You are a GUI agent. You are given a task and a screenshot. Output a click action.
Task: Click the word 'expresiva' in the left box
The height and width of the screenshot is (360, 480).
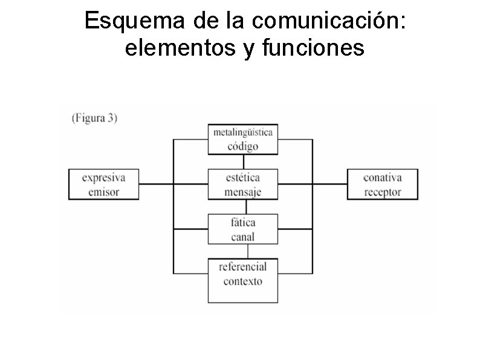tap(104, 178)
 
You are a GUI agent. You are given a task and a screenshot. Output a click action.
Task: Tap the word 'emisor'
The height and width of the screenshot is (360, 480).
tap(104, 192)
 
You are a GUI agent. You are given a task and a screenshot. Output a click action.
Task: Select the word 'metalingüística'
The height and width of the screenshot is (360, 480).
tap(243, 132)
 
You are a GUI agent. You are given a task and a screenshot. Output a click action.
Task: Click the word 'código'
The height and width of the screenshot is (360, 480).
tap(243, 146)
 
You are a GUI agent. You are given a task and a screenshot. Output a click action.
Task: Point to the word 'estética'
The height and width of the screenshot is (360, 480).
tap(243, 178)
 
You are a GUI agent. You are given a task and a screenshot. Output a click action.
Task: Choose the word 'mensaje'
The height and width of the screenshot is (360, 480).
tap(243, 192)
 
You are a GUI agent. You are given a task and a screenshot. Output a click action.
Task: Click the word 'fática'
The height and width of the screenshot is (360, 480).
tap(243, 223)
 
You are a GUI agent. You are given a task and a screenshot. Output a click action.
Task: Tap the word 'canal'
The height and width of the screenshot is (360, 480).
tap(243, 237)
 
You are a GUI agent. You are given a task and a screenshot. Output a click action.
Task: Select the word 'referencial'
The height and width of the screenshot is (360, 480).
tap(243, 267)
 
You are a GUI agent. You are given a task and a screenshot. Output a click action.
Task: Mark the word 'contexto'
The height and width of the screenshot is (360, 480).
tap(243, 281)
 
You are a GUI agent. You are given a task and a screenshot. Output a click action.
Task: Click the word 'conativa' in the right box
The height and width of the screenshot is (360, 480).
tap(382, 178)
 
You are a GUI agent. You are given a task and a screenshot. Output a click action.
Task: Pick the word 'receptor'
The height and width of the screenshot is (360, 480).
tap(382, 192)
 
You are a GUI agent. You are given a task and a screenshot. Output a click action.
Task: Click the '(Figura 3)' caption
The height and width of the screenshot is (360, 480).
tap(94, 118)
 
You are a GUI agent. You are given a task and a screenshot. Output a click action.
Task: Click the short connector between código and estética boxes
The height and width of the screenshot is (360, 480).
tap(244, 162)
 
